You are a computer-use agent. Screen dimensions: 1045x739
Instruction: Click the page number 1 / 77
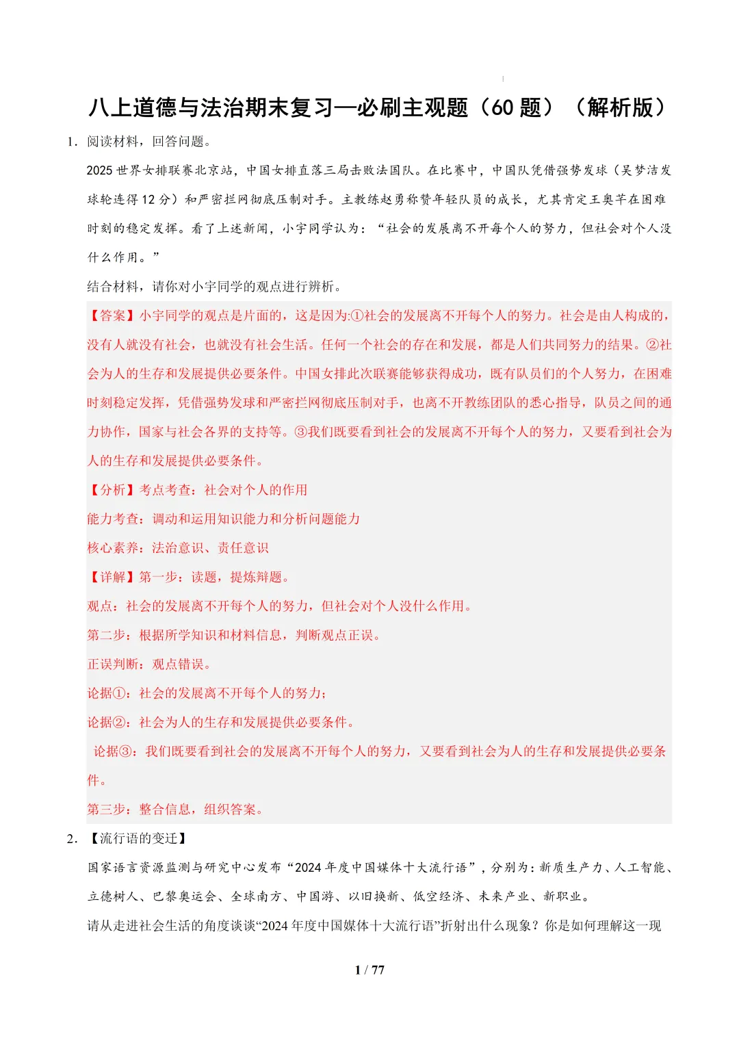coord(369,970)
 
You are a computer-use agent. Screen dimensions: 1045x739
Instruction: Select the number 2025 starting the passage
coord(99,170)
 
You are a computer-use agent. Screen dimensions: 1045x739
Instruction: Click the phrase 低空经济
coord(438,896)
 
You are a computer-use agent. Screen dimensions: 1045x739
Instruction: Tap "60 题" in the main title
coord(516,108)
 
